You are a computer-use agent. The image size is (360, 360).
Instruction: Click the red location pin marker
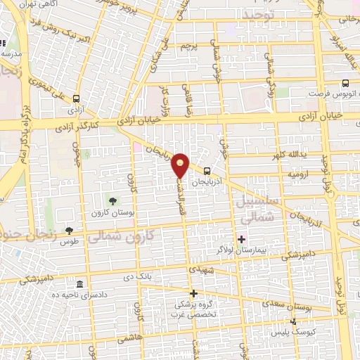[181, 165]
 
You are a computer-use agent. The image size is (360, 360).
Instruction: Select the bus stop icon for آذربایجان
[207, 170]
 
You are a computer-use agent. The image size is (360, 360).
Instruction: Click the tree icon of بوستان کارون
[112, 202]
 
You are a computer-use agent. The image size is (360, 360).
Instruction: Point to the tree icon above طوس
[69, 230]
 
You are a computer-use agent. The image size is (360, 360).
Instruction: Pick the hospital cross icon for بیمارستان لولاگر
[242, 240]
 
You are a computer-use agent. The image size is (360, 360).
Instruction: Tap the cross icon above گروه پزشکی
[194, 293]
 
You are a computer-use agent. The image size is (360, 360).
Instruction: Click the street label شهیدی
[198, 270]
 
